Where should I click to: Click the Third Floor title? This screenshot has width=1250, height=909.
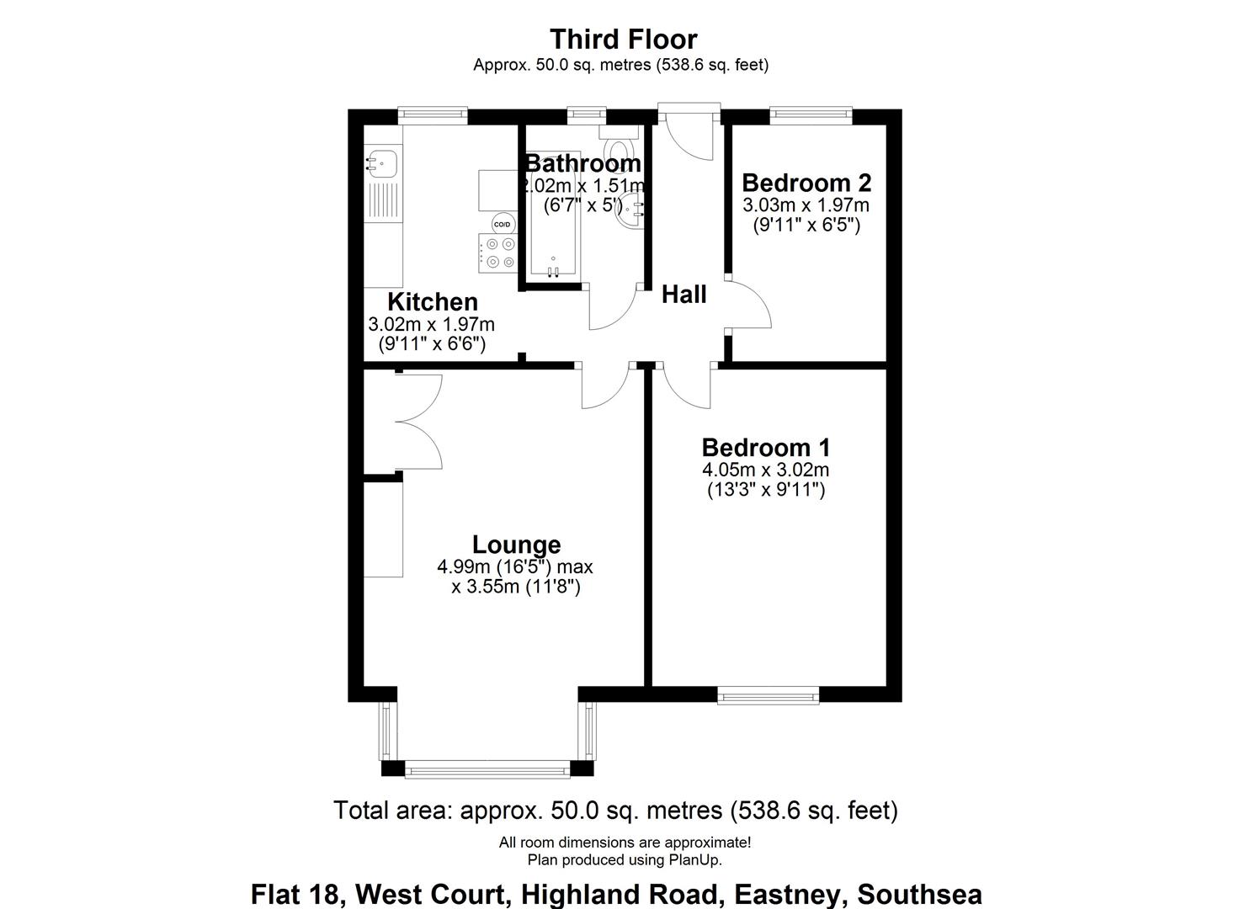pos(624,40)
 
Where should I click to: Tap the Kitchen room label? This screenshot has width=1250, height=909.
pos(433,301)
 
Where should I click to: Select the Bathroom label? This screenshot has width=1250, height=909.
pos(582,163)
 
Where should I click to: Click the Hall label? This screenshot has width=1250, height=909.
pos(684,295)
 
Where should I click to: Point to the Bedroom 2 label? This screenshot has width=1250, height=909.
pos(806,183)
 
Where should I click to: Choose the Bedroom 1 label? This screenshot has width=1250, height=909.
pos(766,447)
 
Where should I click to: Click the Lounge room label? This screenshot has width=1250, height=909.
pos(516,545)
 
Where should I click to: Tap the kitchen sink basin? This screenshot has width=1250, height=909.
pos(381,159)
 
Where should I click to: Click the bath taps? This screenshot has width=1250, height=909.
pos(553,270)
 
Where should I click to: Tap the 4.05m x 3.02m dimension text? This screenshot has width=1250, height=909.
pos(766,470)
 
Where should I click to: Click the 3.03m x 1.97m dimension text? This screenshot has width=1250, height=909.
pos(806,205)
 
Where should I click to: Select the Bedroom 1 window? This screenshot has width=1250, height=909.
pos(768,694)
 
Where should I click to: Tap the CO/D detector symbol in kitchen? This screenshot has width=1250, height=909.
pos(502,224)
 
